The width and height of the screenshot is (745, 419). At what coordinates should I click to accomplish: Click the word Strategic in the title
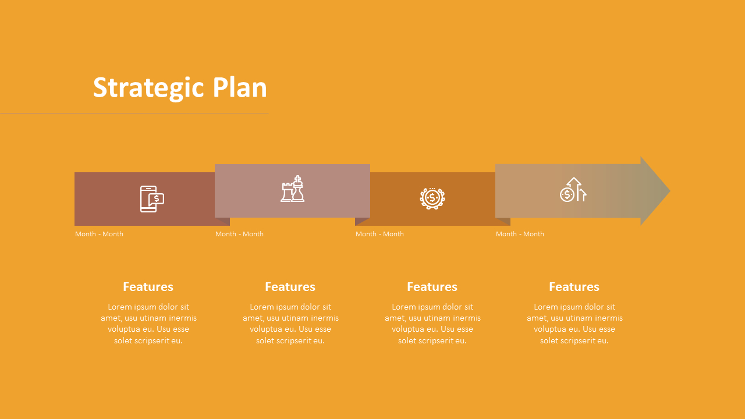point(148,88)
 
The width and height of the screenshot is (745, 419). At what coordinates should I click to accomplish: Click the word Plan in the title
point(239,88)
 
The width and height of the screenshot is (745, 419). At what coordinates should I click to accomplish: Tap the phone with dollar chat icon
point(151,199)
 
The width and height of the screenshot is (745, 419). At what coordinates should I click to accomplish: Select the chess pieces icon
point(292,189)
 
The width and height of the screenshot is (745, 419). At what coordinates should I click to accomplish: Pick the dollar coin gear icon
point(432,198)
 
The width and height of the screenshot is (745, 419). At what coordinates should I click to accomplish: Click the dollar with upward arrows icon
point(573,190)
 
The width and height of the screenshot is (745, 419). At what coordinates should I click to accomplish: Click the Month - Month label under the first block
point(99,234)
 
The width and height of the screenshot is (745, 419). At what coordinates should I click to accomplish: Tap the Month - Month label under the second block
point(239,234)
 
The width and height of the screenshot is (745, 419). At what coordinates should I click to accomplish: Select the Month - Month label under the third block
point(379,234)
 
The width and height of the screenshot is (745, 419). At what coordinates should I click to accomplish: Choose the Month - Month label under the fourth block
point(520,234)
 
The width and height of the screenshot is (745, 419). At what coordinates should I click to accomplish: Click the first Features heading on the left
point(148,287)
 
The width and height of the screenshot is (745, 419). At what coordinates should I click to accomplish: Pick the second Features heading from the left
point(290,287)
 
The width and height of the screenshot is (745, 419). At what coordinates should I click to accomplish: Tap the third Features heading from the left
point(432,287)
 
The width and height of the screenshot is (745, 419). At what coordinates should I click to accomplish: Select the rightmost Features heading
point(574,287)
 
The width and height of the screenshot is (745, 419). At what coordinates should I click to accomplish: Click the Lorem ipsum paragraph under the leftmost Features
point(148,324)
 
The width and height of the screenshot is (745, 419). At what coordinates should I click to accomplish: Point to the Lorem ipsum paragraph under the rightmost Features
point(574,324)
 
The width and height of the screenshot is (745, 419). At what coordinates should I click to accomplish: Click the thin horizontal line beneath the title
point(134,113)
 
